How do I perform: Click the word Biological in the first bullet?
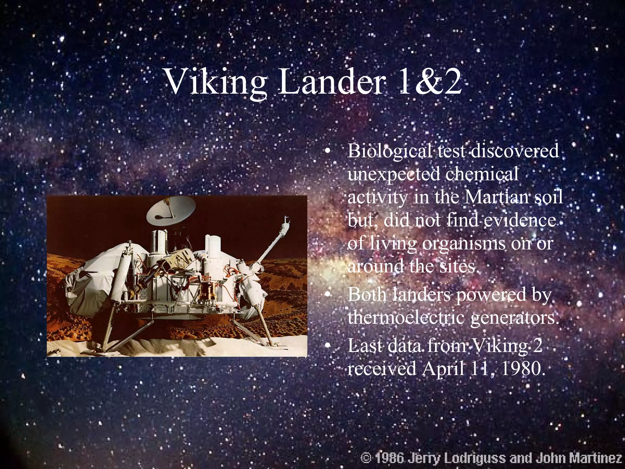392,152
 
